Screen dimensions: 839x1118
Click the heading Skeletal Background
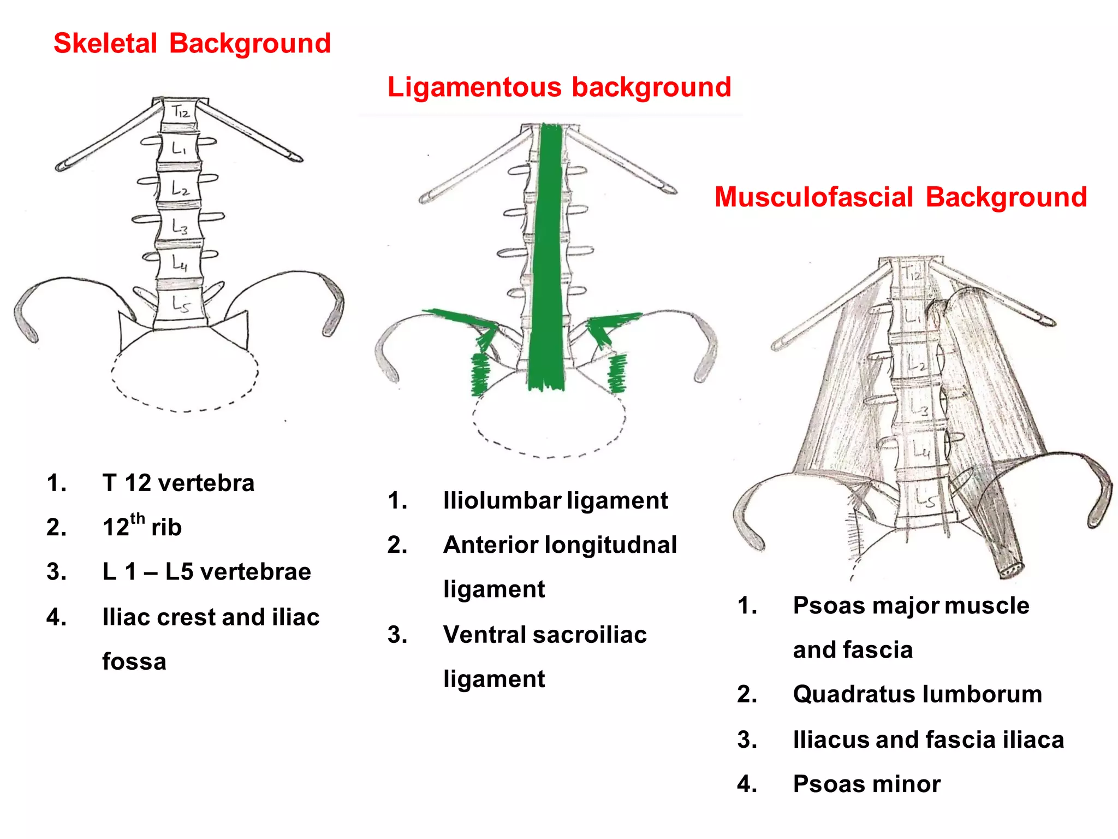(x=192, y=43)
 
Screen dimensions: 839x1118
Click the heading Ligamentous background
(x=559, y=87)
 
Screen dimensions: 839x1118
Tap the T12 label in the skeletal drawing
(x=181, y=112)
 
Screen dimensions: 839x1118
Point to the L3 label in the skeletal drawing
(x=180, y=226)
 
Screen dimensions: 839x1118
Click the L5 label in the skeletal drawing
(x=181, y=304)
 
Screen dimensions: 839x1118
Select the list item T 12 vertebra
(x=178, y=483)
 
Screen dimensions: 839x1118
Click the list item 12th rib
(x=142, y=527)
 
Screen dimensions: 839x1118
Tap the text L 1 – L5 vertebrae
(x=206, y=572)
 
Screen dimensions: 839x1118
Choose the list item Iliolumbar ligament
(x=555, y=500)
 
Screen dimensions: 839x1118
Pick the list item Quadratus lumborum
(x=917, y=694)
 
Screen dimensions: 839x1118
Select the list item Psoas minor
(x=866, y=784)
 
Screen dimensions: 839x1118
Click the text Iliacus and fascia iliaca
(x=928, y=740)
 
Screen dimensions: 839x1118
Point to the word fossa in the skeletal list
(x=134, y=661)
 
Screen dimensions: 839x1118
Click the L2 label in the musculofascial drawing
(x=916, y=363)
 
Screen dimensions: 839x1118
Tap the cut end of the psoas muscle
(x=1012, y=570)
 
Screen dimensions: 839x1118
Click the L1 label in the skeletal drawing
(x=179, y=148)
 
